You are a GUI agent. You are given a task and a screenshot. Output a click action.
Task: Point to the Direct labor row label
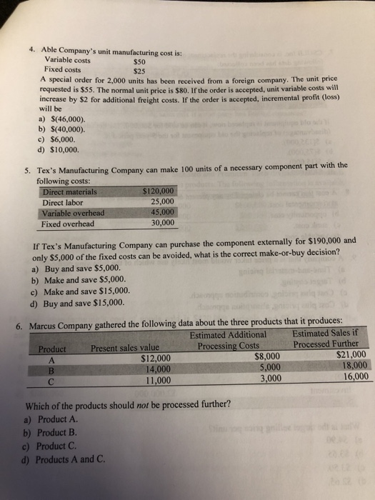tap(65, 202)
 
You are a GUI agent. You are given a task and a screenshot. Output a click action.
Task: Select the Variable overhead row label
tap(74, 212)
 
